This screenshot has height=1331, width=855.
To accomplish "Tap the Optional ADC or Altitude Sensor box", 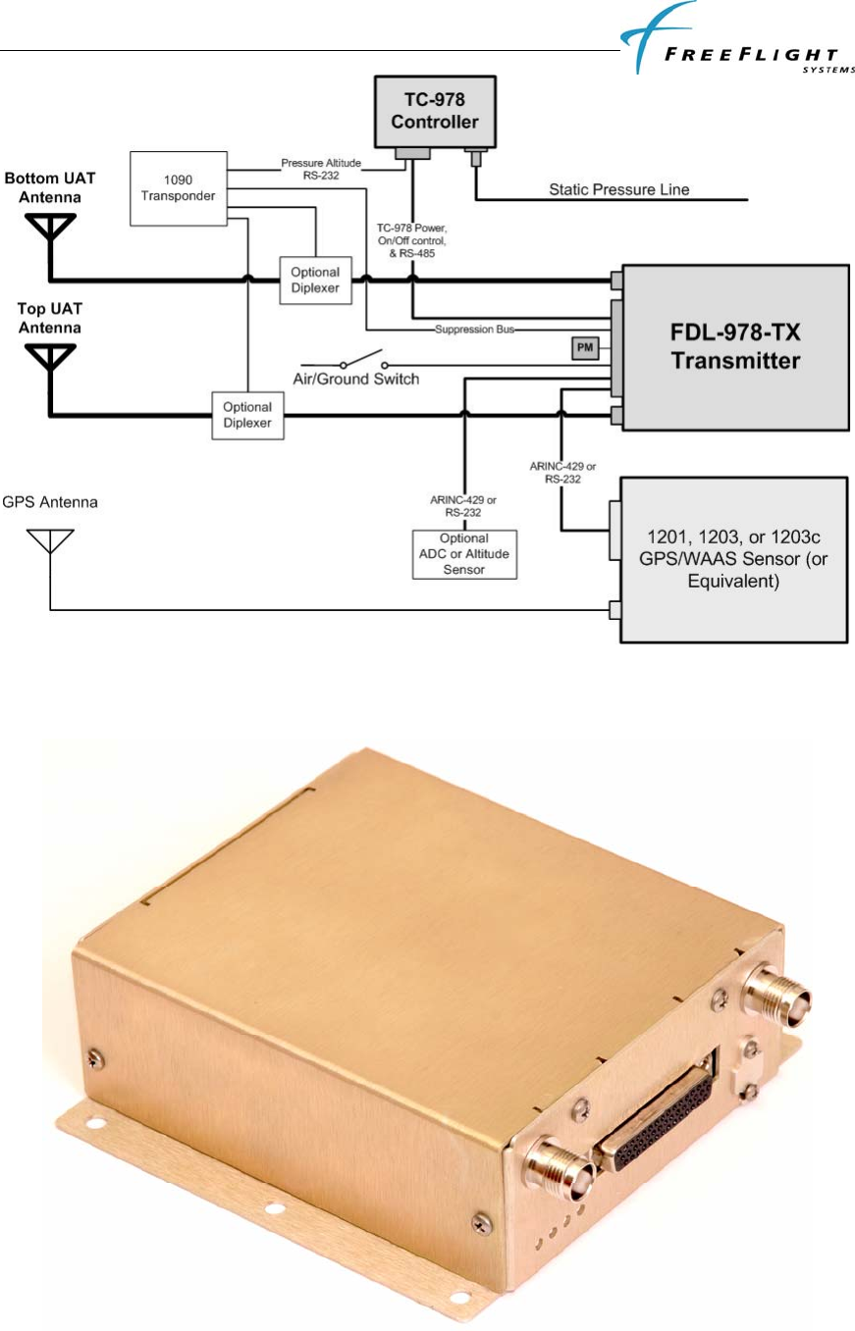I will pyautogui.click(x=464, y=554).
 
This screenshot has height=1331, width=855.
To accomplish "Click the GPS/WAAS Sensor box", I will pyautogui.click(x=732, y=558).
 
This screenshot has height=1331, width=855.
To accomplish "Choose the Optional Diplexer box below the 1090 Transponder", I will pyautogui.click(x=315, y=279).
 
